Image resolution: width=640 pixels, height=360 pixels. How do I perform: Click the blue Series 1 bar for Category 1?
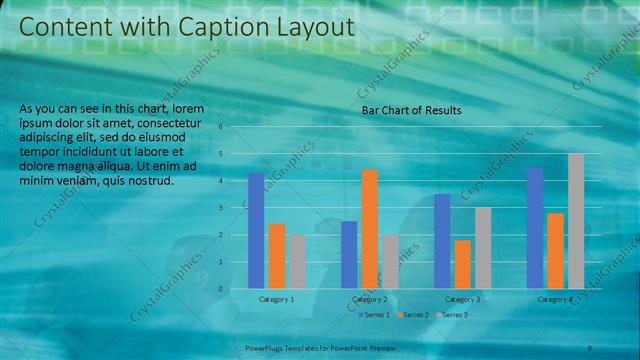(x=256, y=230)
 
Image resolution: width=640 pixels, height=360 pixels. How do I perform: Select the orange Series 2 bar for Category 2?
(x=370, y=229)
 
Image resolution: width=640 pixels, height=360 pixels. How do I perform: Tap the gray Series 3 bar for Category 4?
(x=576, y=221)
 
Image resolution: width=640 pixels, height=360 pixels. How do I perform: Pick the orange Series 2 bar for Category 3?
(x=462, y=264)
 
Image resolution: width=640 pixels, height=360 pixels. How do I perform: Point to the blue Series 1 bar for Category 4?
(x=535, y=228)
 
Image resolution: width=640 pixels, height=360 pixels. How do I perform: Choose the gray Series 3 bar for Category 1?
(x=298, y=261)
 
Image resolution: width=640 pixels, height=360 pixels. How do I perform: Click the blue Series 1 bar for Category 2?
(x=349, y=254)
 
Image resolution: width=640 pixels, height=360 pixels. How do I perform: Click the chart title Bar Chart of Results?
(x=411, y=110)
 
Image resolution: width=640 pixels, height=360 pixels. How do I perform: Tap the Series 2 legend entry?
(x=414, y=315)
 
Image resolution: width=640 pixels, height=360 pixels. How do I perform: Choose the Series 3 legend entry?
(x=454, y=315)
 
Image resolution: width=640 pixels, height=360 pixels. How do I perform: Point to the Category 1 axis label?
(x=277, y=299)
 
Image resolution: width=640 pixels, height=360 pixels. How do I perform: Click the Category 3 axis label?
(x=462, y=299)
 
